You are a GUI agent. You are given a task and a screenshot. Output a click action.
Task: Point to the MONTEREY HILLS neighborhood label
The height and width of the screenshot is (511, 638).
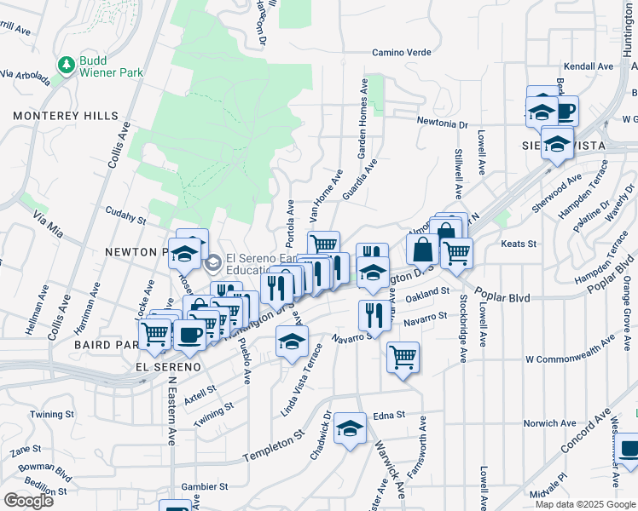coord(59,116)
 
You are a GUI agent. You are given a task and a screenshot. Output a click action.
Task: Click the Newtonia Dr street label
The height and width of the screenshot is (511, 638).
coord(443,124)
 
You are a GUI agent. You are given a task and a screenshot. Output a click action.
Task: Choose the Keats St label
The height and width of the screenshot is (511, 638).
coord(518,244)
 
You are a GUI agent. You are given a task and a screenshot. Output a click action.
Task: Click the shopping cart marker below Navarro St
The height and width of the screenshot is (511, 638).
coord(403,357)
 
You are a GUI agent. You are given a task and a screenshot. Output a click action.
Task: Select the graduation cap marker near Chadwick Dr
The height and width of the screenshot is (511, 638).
coord(350,428)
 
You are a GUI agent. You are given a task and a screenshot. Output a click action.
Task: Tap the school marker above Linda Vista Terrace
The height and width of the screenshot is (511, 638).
coord(292,342)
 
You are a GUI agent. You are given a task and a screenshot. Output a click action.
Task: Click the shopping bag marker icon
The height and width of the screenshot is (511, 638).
coord(422,250)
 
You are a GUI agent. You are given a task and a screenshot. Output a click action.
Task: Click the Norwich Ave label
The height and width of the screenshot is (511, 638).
coord(549,423)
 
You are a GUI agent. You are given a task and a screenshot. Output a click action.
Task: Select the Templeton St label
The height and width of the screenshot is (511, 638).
coord(273,446)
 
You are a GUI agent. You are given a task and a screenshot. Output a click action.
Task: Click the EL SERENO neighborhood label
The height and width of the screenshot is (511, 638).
coord(167,367)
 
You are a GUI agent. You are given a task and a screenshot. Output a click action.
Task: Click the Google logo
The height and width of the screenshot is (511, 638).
coord(28,500)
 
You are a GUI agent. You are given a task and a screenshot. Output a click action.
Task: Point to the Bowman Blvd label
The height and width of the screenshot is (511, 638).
coord(38,467)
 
